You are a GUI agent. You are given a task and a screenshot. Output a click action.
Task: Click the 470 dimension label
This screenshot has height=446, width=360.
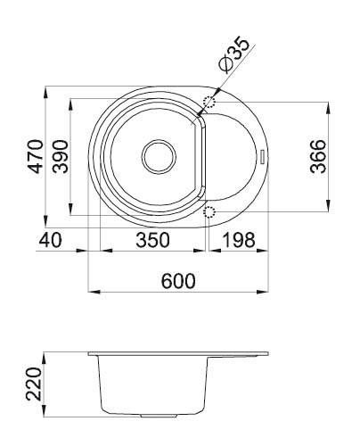[x=36, y=156]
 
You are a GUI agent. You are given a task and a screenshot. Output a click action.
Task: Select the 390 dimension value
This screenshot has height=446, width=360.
[x=60, y=156]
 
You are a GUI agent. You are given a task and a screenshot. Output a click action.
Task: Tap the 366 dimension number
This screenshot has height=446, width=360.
[x=318, y=156]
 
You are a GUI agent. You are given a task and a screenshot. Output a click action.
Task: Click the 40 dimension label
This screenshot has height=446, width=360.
[x=51, y=240]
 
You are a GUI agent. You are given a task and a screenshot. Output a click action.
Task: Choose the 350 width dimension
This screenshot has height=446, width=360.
[x=152, y=240]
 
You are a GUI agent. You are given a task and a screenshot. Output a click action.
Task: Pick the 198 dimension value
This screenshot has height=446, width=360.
[x=239, y=240]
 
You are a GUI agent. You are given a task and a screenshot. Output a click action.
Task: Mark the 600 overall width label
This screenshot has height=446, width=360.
[x=178, y=281]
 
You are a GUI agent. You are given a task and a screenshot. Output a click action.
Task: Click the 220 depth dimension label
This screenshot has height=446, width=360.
[x=34, y=384]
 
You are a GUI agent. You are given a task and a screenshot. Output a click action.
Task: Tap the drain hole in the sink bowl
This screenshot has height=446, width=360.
[x=159, y=156]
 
